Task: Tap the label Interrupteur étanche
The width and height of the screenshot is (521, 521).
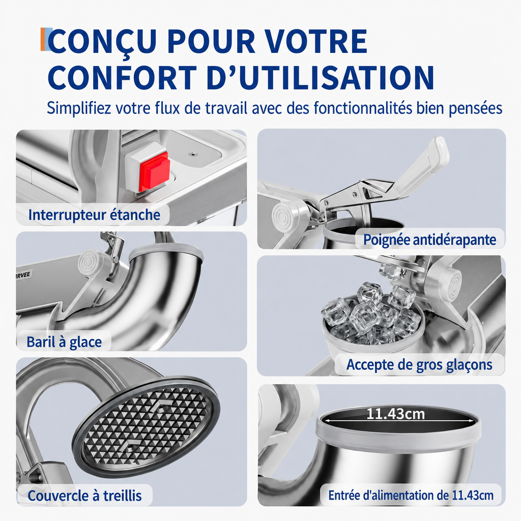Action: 94,215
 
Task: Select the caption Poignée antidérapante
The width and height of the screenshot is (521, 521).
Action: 429,240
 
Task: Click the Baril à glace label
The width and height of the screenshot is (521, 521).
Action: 64,342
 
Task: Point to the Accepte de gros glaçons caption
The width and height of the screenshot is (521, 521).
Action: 419,365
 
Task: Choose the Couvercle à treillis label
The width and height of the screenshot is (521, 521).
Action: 85,496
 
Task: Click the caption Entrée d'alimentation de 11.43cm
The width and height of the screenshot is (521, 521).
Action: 411,495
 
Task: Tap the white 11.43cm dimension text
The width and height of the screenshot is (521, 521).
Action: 395,414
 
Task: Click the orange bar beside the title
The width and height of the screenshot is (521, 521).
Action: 43,39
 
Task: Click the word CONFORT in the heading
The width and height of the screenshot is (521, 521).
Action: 123,77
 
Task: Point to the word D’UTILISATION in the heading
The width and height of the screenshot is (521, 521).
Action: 321,77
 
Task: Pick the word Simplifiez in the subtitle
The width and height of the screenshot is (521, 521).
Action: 79,108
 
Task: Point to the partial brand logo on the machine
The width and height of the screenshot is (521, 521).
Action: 23,274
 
